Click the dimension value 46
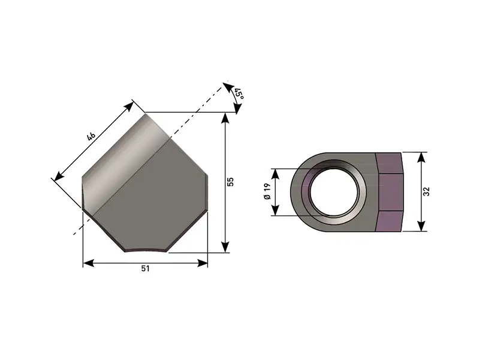pos(91,136)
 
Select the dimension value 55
pos(231,182)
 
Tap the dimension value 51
pos(146,269)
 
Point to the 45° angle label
pos(239,94)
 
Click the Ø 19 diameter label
pos(267,191)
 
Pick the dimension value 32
pos(426,191)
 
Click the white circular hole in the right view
pos(334,192)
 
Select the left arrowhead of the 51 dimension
pos(89,263)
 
